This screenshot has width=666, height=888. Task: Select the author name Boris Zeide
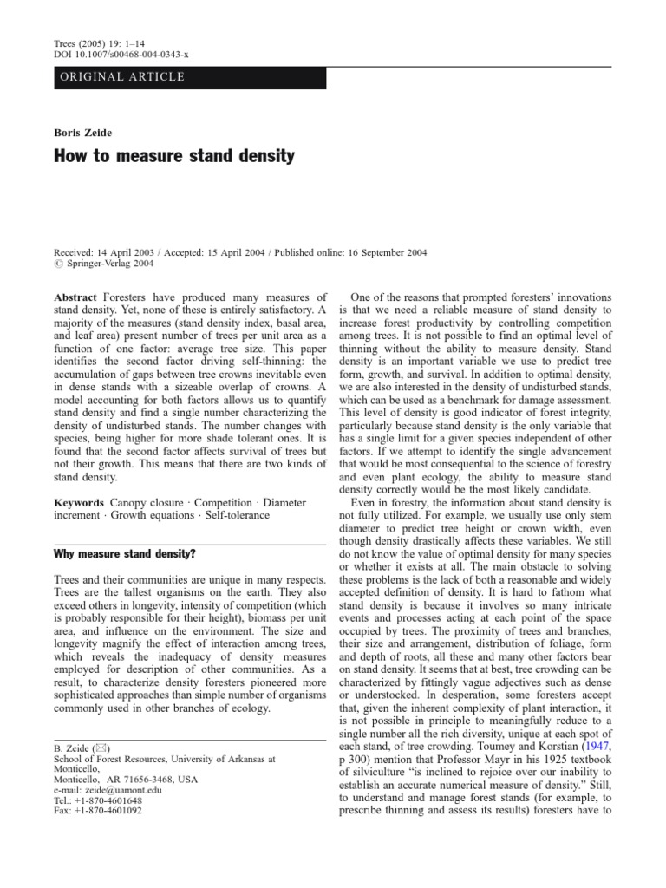tap(81, 132)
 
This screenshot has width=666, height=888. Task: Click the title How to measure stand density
tap(174, 157)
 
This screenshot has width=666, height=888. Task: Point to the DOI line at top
tap(121, 54)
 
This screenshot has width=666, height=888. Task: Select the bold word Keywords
tap(80, 502)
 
